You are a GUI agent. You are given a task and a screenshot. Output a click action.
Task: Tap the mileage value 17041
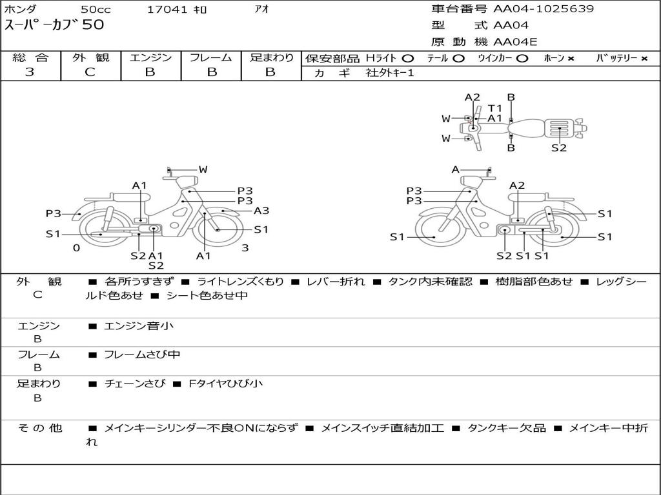click(167, 10)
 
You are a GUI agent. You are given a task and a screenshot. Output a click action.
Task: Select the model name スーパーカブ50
click(54, 26)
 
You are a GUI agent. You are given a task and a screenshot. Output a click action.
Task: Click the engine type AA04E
click(515, 43)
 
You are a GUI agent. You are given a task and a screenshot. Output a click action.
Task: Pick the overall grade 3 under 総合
click(30, 72)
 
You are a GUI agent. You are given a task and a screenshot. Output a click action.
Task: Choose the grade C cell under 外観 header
click(90, 72)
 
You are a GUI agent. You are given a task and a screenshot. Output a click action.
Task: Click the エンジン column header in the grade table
click(150, 58)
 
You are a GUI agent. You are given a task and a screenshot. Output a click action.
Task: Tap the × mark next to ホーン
click(571, 59)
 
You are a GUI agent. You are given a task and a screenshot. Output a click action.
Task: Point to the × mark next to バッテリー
click(644, 59)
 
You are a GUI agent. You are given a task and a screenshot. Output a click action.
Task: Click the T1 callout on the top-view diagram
click(495, 108)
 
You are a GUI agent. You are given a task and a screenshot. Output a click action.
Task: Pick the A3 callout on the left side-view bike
click(261, 211)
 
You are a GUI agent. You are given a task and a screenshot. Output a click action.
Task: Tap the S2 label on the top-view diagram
click(559, 148)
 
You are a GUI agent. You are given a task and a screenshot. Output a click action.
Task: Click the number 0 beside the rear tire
click(76, 248)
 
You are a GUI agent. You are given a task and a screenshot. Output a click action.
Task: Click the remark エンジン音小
click(139, 326)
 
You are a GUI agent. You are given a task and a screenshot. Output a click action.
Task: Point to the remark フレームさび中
click(142, 354)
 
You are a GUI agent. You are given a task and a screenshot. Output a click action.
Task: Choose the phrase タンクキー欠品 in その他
click(507, 428)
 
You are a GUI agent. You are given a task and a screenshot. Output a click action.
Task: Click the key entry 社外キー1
click(390, 73)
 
